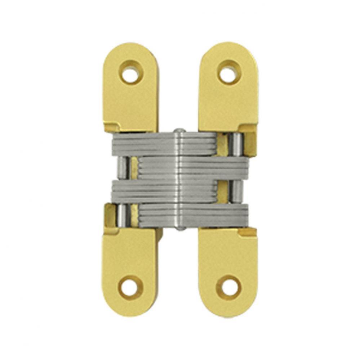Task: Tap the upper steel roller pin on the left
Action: coord(123,168)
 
